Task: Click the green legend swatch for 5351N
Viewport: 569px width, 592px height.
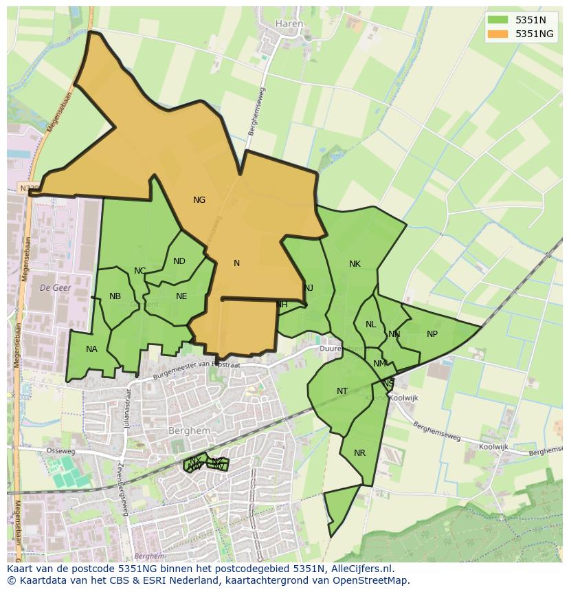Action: click(x=498, y=20)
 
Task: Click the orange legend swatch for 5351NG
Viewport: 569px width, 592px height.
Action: click(x=498, y=33)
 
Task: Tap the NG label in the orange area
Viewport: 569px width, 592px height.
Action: click(x=199, y=200)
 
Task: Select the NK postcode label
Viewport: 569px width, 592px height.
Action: click(x=355, y=264)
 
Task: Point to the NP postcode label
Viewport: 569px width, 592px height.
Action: click(x=432, y=334)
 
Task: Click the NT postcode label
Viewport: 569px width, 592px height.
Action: click(x=342, y=391)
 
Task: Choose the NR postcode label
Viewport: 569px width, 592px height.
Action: click(x=359, y=453)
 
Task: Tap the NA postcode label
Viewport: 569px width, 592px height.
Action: click(x=91, y=349)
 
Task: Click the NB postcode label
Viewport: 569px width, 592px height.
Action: click(x=115, y=296)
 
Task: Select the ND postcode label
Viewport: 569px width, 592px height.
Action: click(x=179, y=261)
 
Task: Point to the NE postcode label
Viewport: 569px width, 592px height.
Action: click(x=181, y=296)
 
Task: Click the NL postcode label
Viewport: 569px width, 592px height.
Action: click(x=371, y=325)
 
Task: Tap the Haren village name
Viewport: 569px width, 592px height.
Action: click(x=289, y=23)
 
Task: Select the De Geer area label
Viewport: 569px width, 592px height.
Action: click(x=56, y=287)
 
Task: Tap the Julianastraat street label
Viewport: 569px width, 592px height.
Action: click(x=127, y=408)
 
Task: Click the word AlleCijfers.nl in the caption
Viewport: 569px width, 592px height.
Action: click(x=361, y=569)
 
